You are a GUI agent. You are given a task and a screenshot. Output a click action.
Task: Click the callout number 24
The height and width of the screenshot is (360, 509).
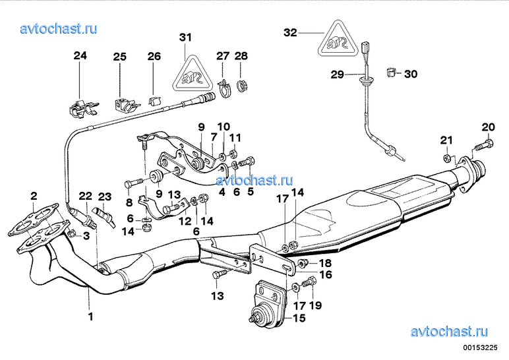click(80, 57)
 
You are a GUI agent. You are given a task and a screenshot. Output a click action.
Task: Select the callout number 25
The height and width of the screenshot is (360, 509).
click(119, 57)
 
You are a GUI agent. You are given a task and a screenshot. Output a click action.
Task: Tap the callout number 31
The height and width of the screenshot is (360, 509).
click(186, 37)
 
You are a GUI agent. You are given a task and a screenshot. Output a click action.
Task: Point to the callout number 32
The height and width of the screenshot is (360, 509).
click(291, 32)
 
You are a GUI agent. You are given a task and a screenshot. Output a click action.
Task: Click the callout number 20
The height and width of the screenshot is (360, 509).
click(487, 127)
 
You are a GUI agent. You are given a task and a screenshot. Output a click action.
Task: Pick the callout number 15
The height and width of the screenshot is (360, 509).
click(299, 318)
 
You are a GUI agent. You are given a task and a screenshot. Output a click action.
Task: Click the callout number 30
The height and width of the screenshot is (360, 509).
click(410, 75)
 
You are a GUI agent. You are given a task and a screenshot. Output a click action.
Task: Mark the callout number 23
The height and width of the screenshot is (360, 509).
click(105, 196)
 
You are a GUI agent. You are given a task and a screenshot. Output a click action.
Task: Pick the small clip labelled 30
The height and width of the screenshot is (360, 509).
click(390, 71)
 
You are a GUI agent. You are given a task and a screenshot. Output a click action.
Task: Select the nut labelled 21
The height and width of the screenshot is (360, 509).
click(447, 158)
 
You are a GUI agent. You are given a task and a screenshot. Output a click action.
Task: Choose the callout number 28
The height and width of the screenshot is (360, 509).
click(241, 57)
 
